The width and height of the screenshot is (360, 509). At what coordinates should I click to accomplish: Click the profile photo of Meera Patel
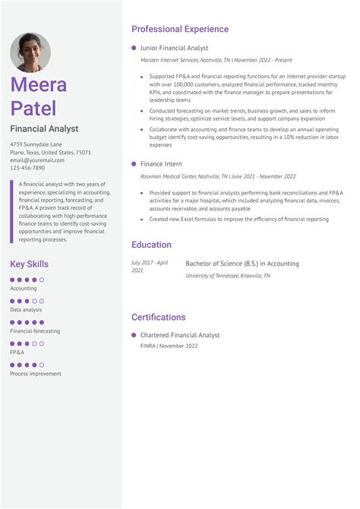30,52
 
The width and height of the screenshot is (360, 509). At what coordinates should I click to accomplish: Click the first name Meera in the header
38,84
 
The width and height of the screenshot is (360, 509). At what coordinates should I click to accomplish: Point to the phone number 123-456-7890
27,168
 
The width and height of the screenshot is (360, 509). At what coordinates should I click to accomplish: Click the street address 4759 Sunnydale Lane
36,144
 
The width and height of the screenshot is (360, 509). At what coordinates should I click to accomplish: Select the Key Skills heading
29,264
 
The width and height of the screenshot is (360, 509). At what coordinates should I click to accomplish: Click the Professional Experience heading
179,29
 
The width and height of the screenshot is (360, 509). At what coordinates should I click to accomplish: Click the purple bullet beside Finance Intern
134,164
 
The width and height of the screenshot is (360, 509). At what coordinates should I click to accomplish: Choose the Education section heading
151,245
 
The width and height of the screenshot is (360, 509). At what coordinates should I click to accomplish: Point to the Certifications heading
158,317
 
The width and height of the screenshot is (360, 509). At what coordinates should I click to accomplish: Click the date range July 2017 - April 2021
150,267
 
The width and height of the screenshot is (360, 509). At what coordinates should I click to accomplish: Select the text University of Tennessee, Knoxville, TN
228,276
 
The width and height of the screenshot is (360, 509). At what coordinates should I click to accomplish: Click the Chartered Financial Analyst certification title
180,335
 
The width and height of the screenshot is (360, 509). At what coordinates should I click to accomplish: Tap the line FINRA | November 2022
169,346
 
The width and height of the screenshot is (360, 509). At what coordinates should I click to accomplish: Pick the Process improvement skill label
36,374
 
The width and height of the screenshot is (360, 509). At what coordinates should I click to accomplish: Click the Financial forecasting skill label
35,331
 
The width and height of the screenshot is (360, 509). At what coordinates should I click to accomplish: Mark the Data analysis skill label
26,310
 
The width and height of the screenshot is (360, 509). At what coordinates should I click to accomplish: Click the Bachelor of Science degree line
242,264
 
